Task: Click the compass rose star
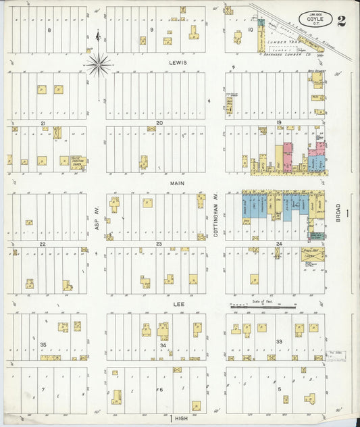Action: [99, 65]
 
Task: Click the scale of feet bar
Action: [263, 307]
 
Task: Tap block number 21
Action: [43, 123]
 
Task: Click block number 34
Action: [163, 345]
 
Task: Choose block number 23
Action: [159, 243]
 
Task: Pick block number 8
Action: [49, 30]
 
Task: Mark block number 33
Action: [278, 342]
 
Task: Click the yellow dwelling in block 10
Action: [238, 36]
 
